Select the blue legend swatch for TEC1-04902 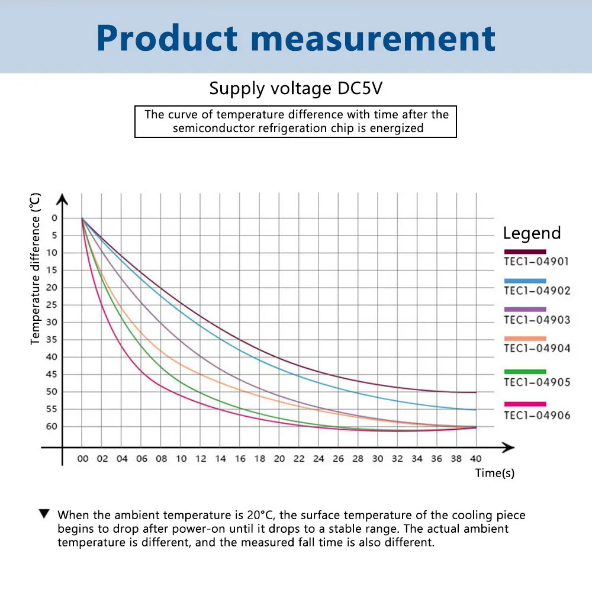[525, 281]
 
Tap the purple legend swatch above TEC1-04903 [525, 309]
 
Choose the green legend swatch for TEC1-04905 [525, 371]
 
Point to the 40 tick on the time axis [476, 459]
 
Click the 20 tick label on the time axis [279, 459]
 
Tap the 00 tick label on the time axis [83, 459]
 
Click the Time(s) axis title [494, 474]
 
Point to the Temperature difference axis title [36, 268]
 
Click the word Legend [532, 233]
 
